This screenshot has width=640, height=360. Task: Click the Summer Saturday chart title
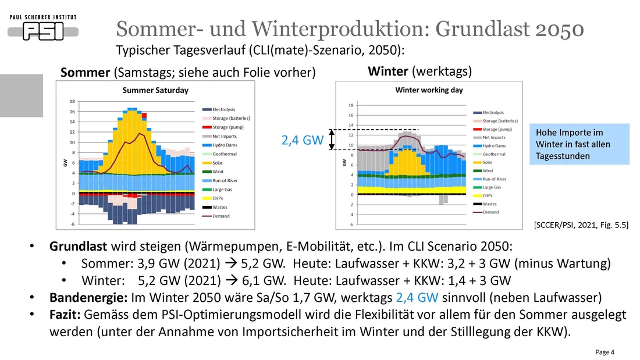(x=155, y=90)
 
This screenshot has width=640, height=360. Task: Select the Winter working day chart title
(x=429, y=90)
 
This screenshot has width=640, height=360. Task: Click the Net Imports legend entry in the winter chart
(x=494, y=137)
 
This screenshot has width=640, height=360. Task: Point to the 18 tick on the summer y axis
(x=72, y=101)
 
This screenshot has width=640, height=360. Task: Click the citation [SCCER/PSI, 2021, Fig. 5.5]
(x=580, y=224)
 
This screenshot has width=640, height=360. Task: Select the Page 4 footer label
(x=605, y=352)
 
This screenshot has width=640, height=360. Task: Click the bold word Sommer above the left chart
(x=86, y=72)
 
